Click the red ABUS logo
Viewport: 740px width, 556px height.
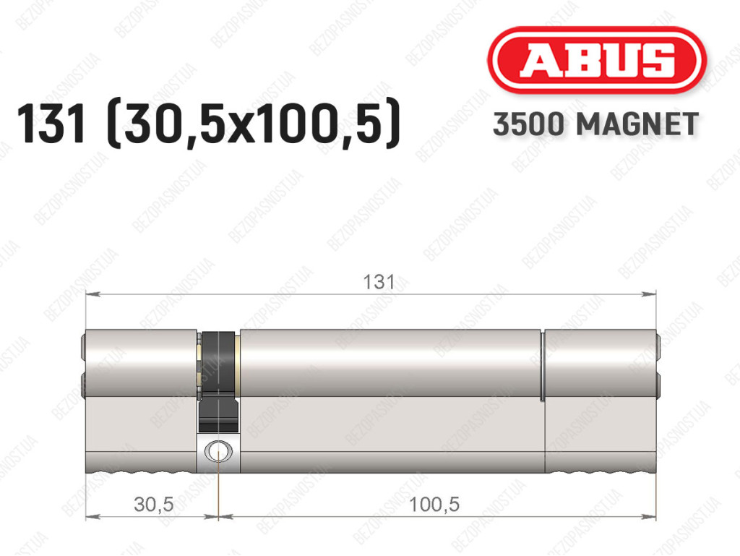[x=596, y=60]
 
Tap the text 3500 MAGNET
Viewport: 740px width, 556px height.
[x=595, y=124]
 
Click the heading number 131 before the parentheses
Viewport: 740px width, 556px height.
[x=51, y=124]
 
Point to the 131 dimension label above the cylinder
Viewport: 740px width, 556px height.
[x=379, y=282]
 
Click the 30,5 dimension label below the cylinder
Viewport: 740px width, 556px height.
[x=154, y=505]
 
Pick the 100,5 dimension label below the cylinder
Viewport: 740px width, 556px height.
[x=434, y=505]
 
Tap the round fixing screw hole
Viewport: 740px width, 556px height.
[x=218, y=452]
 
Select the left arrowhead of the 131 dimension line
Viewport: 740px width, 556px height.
[x=92, y=294]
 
